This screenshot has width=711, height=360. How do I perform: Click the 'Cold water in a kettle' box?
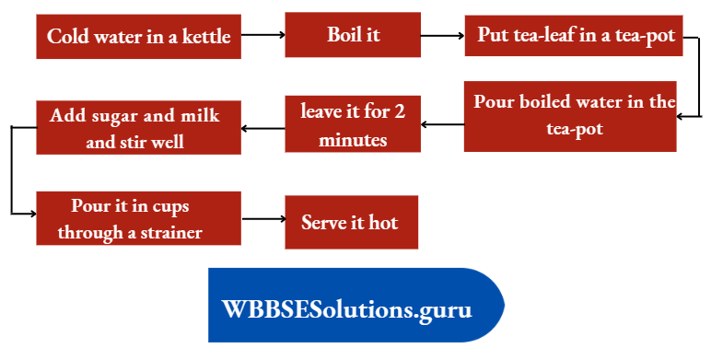tap(139, 37)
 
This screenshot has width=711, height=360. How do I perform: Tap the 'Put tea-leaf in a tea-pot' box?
tap(574, 36)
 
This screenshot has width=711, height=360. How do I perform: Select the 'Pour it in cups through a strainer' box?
tap(138, 217)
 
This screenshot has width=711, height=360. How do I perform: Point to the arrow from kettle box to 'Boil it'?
tap(263, 35)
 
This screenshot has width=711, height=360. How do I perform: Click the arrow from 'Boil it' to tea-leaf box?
tap(444, 35)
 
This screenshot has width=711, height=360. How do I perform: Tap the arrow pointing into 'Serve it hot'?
tap(263, 219)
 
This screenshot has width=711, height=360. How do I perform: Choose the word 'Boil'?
tap(343, 35)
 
